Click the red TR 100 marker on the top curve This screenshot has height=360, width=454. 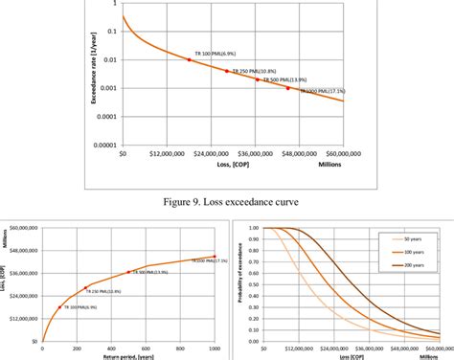pyautogui.click(x=189, y=59)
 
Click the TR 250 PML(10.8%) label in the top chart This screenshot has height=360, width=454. pyautogui.click(x=251, y=71)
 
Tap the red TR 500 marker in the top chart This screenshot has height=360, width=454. pyautogui.click(x=257, y=79)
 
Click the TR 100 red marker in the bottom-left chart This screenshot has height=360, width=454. pyautogui.click(x=59, y=307)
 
